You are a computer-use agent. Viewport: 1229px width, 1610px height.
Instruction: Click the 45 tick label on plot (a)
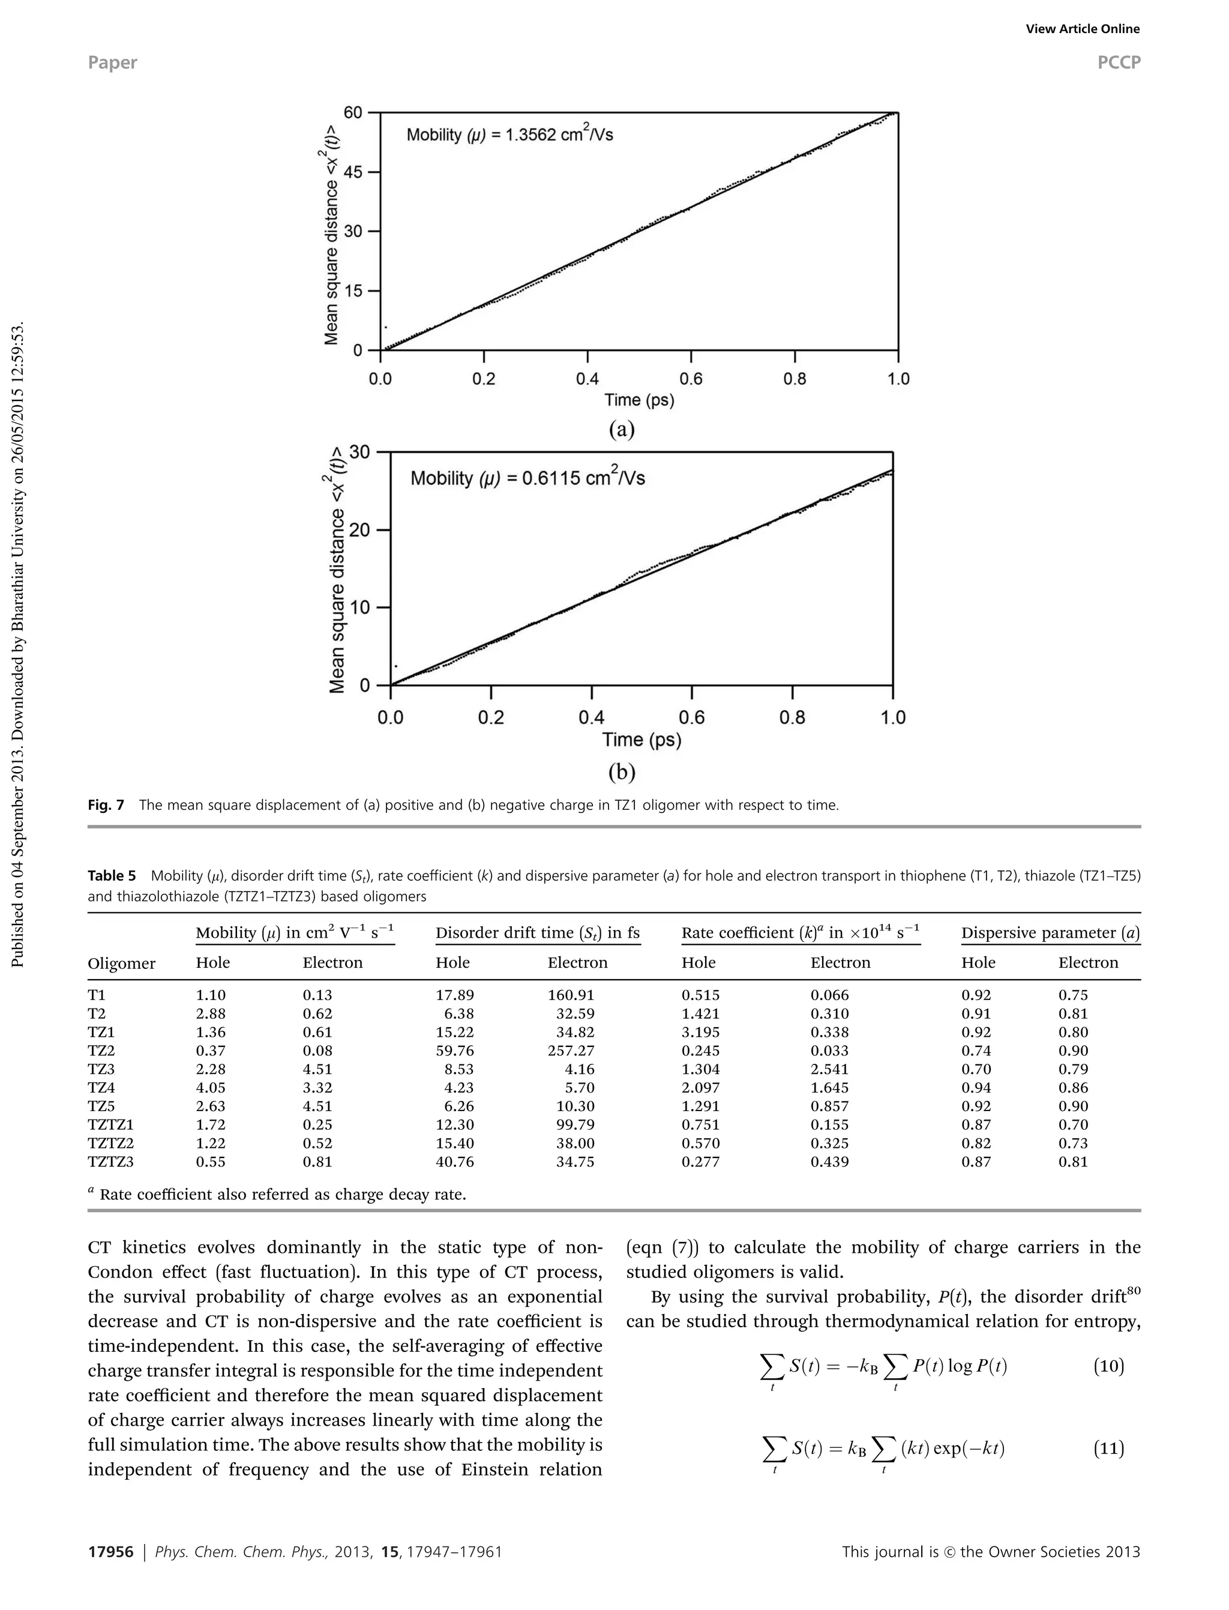(353, 172)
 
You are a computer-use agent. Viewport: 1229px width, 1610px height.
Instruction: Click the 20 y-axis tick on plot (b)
(360, 530)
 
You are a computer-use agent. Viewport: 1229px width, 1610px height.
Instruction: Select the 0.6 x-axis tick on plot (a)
(691, 378)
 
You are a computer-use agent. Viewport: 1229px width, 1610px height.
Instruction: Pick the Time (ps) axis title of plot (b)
(642, 740)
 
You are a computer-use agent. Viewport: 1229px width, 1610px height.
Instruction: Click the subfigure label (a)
(622, 430)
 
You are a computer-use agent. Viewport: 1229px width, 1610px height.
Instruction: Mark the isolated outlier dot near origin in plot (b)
(396, 666)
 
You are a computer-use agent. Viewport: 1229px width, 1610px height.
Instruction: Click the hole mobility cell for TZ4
(211, 1088)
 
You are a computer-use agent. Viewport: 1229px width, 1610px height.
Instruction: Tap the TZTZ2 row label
(110, 1143)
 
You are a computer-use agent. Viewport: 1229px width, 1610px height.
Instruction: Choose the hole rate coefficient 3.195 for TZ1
(700, 1032)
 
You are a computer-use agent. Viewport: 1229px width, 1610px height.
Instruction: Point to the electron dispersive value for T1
(1073, 995)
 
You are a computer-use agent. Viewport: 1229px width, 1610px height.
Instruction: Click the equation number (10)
(1108, 1366)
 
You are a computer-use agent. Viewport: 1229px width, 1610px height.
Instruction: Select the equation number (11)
(1108, 1449)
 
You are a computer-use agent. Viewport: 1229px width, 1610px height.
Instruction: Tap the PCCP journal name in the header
(1119, 62)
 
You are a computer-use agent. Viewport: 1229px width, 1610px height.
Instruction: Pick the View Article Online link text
(1082, 29)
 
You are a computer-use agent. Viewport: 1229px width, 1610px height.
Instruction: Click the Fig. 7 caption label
(106, 805)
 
